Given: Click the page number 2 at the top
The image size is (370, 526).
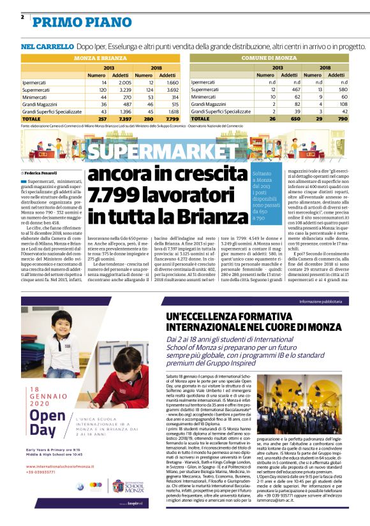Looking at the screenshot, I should (x=23, y=17).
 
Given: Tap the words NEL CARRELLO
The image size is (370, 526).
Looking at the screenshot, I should (x=47, y=47).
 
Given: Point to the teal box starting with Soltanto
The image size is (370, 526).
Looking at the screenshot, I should (x=267, y=196).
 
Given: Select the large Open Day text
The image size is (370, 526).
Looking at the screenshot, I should (x=38, y=429).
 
